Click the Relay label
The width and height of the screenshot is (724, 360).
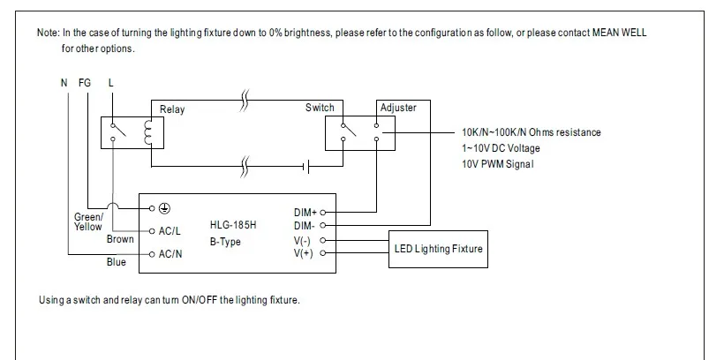click(x=172, y=109)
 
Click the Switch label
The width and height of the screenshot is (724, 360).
click(x=320, y=108)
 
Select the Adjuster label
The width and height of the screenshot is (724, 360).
click(x=397, y=108)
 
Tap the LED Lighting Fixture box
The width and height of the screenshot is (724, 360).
click(x=439, y=249)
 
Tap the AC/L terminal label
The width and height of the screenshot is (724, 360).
click(x=170, y=231)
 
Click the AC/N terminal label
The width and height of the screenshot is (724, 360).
click(x=170, y=254)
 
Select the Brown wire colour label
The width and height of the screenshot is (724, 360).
click(x=120, y=239)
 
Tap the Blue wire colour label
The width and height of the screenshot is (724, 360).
click(x=116, y=262)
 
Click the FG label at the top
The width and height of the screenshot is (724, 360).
click(x=85, y=83)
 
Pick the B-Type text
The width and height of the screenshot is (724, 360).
click(x=225, y=242)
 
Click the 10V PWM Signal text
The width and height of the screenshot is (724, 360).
click(x=498, y=164)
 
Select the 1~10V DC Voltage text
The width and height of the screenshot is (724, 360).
click(x=501, y=148)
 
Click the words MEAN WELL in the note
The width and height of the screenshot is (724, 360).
click(x=622, y=33)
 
